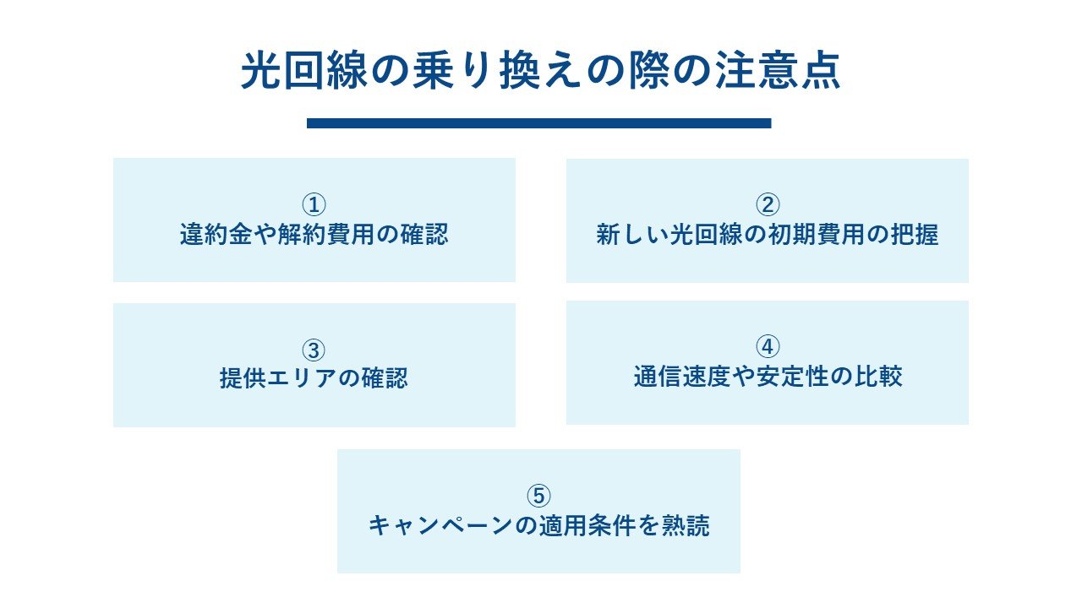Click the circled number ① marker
(314, 204)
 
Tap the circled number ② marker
(768, 204)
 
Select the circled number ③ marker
(314, 350)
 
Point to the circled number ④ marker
(768, 347)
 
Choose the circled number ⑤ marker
(538, 496)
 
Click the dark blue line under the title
(539, 123)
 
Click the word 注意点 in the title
(778, 71)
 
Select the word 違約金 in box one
(216, 235)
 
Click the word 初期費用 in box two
(816, 235)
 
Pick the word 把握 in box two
(915, 235)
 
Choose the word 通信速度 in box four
(681, 377)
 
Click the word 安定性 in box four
(792, 377)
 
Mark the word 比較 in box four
(878, 377)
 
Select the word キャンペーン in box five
(440, 525)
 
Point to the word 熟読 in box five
(686, 525)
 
